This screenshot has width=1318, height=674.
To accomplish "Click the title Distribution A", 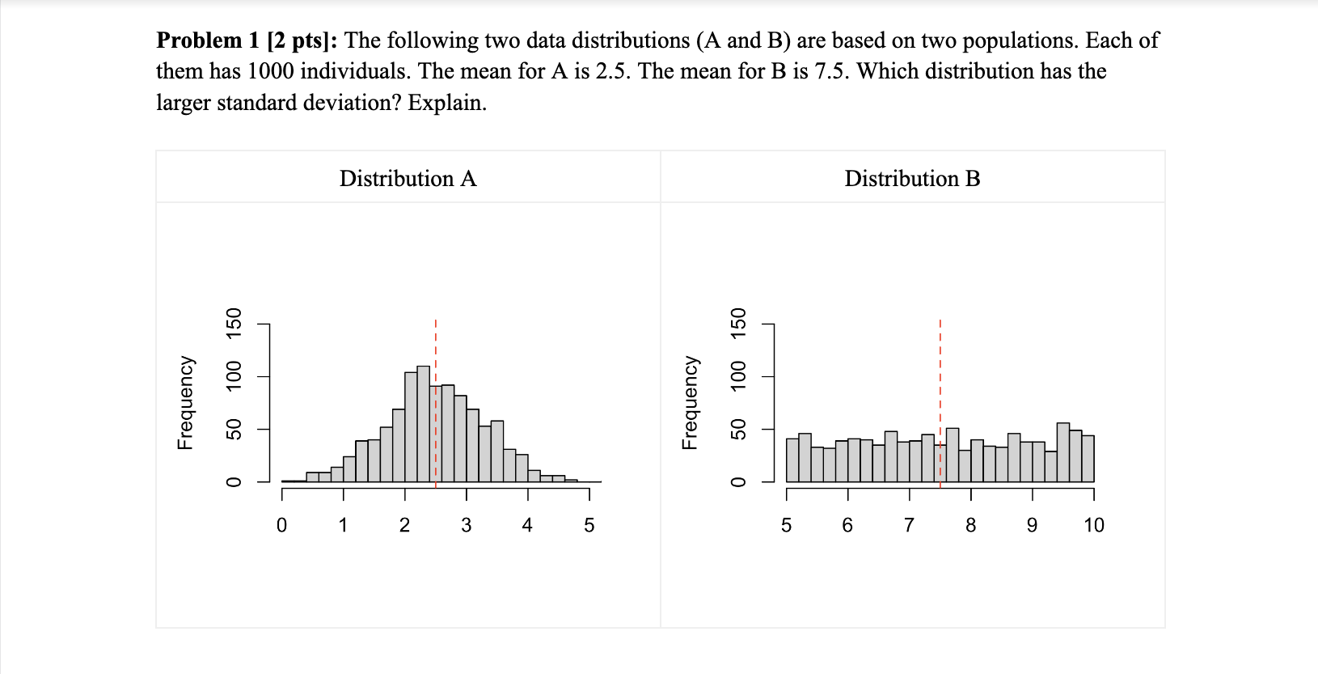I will pyautogui.click(x=408, y=178).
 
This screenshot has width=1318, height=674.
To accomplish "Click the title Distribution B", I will pyautogui.click(x=911, y=178).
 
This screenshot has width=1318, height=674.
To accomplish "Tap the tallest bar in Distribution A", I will pyautogui.click(x=423, y=425).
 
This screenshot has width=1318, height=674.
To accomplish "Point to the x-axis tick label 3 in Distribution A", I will pyautogui.click(x=466, y=525).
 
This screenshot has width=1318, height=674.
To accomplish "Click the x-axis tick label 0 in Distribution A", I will pyautogui.click(x=281, y=525).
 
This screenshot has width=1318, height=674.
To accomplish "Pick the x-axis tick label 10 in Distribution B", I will pyautogui.click(x=1093, y=525).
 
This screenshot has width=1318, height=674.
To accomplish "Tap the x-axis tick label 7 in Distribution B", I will pyautogui.click(x=909, y=525).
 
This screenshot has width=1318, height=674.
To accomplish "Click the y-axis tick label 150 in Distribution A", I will pyautogui.click(x=234, y=324).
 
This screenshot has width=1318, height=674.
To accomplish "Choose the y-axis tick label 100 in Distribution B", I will pyautogui.click(x=738, y=377).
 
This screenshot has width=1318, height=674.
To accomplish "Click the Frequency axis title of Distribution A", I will pyautogui.click(x=185, y=402).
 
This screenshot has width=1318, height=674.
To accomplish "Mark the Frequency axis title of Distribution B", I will pyautogui.click(x=690, y=402).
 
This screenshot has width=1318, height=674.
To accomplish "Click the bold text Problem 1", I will pyautogui.click(x=208, y=40).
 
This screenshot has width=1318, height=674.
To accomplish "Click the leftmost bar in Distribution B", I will pyautogui.click(x=792, y=461).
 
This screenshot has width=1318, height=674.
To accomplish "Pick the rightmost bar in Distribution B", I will pyautogui.click(x=1088, y=460).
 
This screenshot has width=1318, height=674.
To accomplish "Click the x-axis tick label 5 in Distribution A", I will pyautogui.click(x=589, y=525).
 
